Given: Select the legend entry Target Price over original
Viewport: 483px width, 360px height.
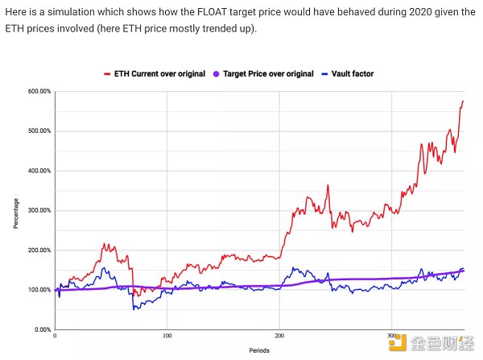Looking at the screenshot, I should (x=265, y=74).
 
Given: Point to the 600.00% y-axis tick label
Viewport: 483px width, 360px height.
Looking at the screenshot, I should (x=39, y=92).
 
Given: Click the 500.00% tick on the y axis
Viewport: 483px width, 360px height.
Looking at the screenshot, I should (x=39, y=131).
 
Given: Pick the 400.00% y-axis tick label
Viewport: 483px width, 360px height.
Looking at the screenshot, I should (x=39, y=171).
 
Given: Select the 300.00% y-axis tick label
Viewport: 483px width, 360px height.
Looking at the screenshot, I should (x=39, y=210).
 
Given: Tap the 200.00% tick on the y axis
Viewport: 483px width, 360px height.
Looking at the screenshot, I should (x=39, y=250).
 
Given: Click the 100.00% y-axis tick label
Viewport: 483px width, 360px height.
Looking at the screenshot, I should (x=39, y=290).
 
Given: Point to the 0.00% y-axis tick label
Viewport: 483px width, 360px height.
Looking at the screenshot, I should (x=41, y=329).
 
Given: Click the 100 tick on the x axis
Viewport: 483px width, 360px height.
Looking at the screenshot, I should (x=167, y=336).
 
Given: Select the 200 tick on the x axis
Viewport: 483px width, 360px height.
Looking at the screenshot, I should (x=279, y=336).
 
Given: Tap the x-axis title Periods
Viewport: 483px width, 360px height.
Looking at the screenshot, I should (x=259, y=351).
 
